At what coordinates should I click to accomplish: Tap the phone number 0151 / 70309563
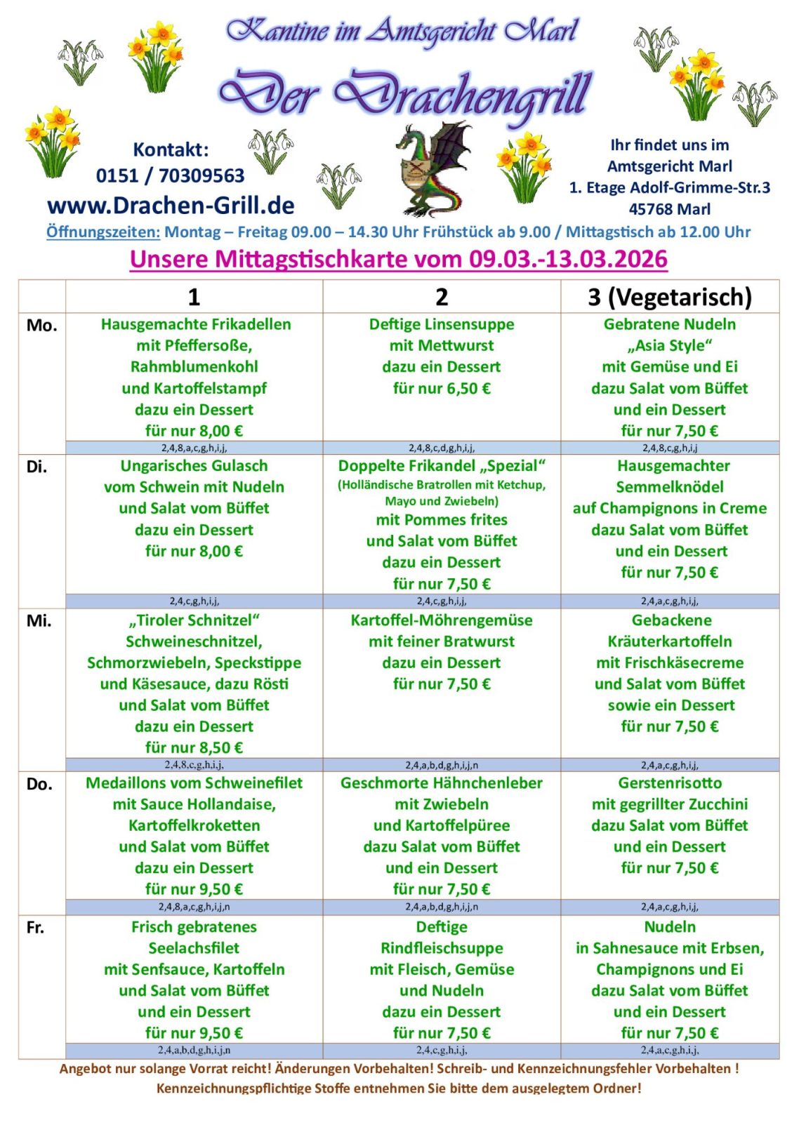tap(170, 175)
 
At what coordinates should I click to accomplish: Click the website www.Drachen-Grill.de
tap(171, 205)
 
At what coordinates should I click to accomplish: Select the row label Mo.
tap(41, 326)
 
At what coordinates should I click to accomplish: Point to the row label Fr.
tap(35, 928)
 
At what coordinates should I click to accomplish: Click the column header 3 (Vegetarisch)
tap(669, 297)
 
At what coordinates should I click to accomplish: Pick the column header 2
tap(441, 297)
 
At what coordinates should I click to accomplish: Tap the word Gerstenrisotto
tap(669, 783)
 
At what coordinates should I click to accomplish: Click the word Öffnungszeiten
tap(103, 232)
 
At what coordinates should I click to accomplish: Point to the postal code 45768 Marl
tap(669, 209)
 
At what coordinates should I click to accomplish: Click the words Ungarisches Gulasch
tap(194, 466)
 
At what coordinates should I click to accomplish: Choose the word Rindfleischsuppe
tap(441, 948)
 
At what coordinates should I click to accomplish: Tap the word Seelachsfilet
tap(194, 948)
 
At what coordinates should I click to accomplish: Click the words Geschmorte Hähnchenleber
tap(441, 783)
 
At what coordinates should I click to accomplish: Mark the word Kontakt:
tap(171, 149)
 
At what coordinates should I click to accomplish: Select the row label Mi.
tap(39, 621)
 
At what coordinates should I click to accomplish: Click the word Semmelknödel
tap(669, 487)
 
